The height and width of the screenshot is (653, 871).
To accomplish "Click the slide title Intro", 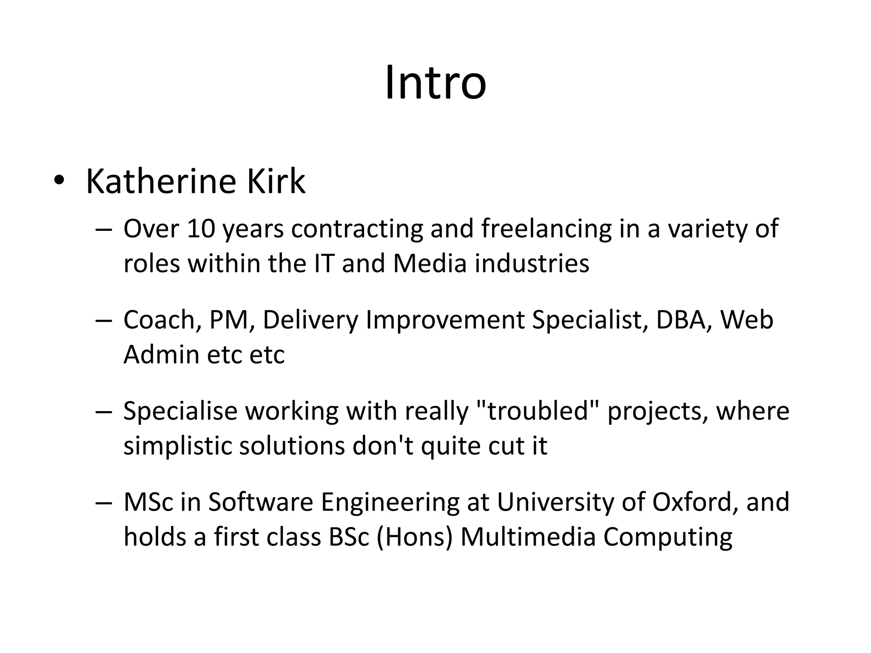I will (435, 83).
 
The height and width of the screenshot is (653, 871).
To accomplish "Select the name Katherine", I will (161, 182).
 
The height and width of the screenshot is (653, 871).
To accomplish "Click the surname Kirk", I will (276, 182).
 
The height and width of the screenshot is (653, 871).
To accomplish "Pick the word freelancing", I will (547, 229).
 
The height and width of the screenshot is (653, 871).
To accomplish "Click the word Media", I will (430, 264).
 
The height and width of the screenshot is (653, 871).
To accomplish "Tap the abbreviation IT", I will (324, 264).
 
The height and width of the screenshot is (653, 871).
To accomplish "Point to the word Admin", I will (161, 355).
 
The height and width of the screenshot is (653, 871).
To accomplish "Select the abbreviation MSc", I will (148, 502).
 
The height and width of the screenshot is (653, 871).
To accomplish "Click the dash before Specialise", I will (104, 412).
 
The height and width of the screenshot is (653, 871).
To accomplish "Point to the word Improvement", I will (445, 321).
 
